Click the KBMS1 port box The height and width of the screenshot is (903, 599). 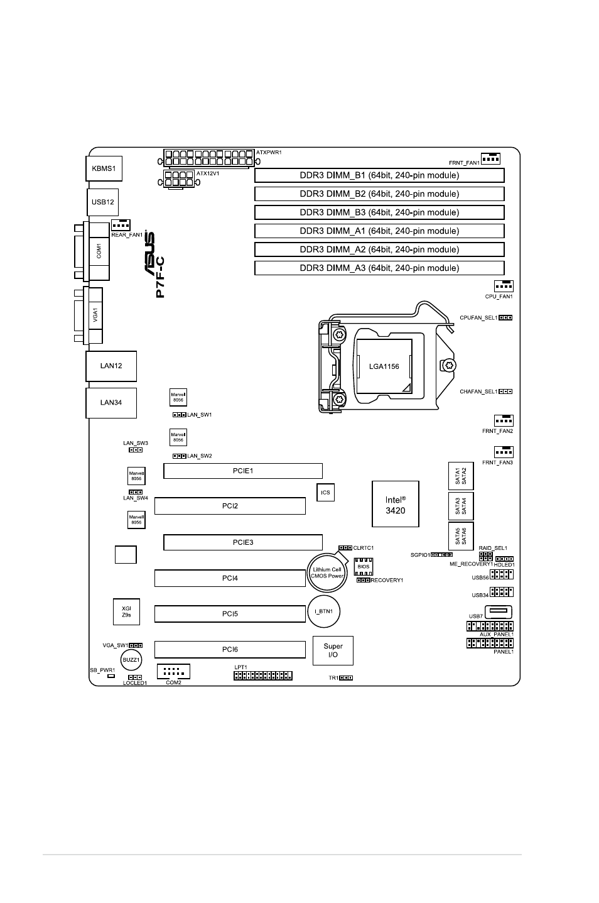click(104, 168)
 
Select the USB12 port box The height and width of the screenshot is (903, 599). click(103, 202)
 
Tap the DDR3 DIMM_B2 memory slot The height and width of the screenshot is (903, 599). click(379, 194)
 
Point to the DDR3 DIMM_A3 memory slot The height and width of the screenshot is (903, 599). click(379, 268)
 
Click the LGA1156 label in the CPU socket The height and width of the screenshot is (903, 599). click(384, 366)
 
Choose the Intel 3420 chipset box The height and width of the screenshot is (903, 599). click(395, 504)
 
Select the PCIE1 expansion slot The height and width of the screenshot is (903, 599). click(243, 471)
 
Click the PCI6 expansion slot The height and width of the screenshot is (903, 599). click(230, 649)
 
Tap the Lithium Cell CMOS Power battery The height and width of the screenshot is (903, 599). click(327, 572)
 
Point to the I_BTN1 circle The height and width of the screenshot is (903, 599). click(324, 611)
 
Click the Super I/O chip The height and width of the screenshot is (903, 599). click(333, 650)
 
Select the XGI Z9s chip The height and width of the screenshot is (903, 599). click(126, 611)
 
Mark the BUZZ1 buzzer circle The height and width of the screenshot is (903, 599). click(131, 660)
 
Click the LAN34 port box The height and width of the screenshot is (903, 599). click(111, 403)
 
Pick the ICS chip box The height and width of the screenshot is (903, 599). click(325, 492)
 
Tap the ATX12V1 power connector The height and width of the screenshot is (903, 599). click(178, 179)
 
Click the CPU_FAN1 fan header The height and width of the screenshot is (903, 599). click(504, 286)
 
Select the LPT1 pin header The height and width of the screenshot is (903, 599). click(263, 676)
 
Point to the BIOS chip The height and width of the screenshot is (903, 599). click(364, 566)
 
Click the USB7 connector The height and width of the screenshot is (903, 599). click(499, 612)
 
